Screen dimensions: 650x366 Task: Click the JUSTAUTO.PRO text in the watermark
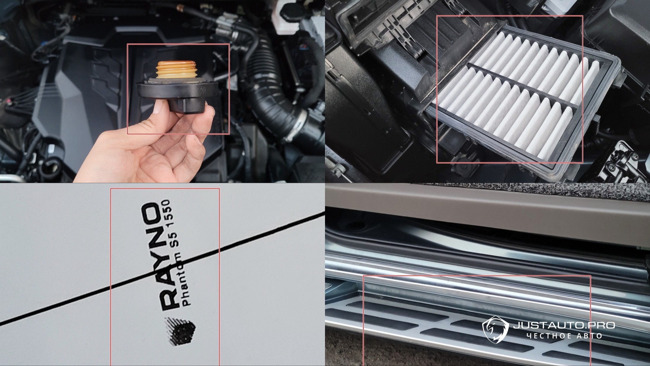[564, 325]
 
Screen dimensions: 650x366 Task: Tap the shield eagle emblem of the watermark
[495, 330]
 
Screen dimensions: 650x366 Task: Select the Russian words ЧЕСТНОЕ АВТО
[564, 336]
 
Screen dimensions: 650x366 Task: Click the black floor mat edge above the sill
[487, 191]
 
